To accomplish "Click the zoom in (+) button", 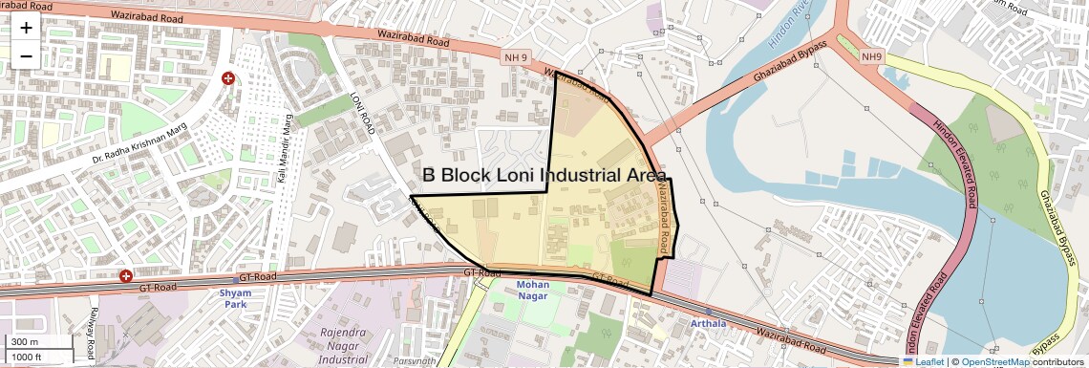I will (x=26, y=28).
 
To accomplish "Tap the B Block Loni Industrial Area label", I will (x=545, y=175).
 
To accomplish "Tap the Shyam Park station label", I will (x=235, y=298).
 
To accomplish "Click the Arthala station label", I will (x=708, y=324).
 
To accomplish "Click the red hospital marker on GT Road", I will (x=126, y=276).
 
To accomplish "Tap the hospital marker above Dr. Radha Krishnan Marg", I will (x=228, y=78).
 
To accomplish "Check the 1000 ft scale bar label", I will (x=28, y=357).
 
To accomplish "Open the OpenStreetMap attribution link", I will (x=994, y=361).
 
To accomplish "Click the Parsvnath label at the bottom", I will (x=414, y=361).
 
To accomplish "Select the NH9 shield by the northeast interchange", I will (x=871, y=57).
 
